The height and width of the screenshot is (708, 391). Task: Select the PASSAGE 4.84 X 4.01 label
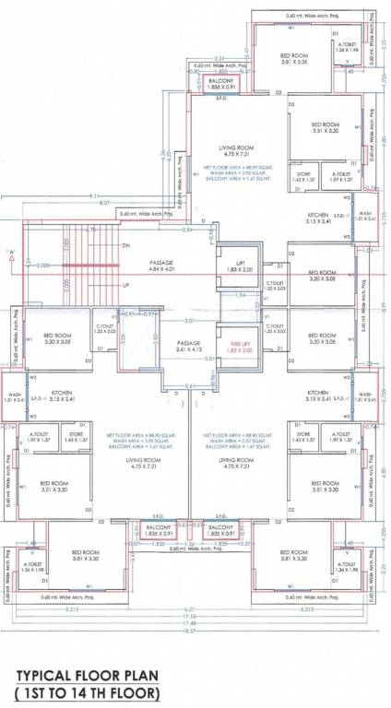161,267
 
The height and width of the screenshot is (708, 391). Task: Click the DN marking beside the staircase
126,245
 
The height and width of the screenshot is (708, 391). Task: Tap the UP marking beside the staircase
126,286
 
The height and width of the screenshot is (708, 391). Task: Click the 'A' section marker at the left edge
11,252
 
